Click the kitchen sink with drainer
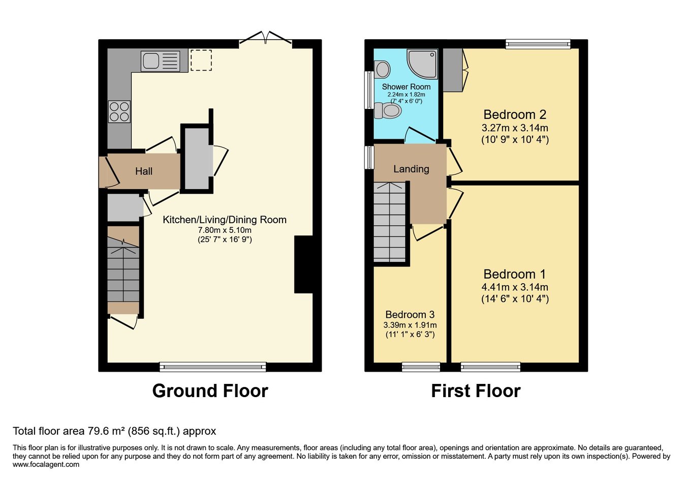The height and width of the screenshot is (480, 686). [x=160, y=62]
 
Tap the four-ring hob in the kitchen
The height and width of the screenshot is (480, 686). [x=119, y=111]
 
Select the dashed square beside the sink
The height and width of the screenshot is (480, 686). [x=201, y=60]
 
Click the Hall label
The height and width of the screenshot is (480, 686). [x=144, y=171]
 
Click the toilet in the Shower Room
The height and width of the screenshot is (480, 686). [x=387, y=110]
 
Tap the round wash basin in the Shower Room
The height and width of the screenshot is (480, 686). [x=382, y=69]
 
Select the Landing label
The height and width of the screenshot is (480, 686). [x=411, y=169]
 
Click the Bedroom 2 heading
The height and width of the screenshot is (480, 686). [x=515, y=114]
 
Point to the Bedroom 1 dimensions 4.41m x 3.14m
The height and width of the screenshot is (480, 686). [x=515, y=287]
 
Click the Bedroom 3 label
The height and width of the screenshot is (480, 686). [x=410, y=314]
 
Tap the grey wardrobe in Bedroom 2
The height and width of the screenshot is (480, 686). [x=453, y=70]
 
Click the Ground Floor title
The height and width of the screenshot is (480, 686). [x=210, y=391]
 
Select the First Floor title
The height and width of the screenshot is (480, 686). [x=476, y=391]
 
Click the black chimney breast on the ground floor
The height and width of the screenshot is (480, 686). [x=303, y=264]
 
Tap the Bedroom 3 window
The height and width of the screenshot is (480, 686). [x=421, y=367]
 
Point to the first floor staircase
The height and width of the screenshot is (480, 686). [x=390, y=223]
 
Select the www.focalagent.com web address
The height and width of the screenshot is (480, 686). [x=46, y=464]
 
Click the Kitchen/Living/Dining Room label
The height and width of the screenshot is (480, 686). [x=225, y=220]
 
